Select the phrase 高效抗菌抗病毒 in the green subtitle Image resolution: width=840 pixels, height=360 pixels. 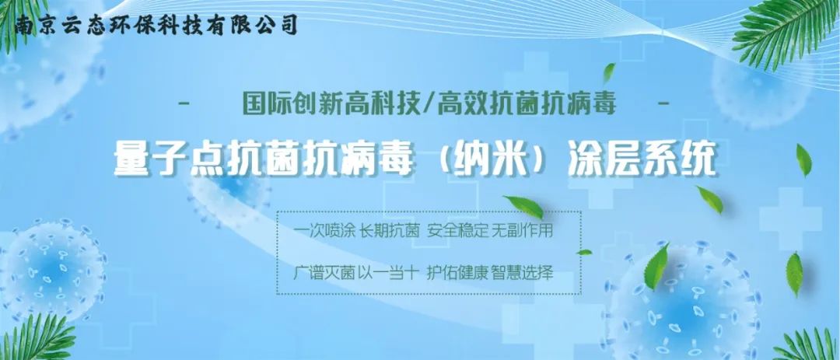point(527,103)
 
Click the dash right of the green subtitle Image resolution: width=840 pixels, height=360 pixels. point(663,103)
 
